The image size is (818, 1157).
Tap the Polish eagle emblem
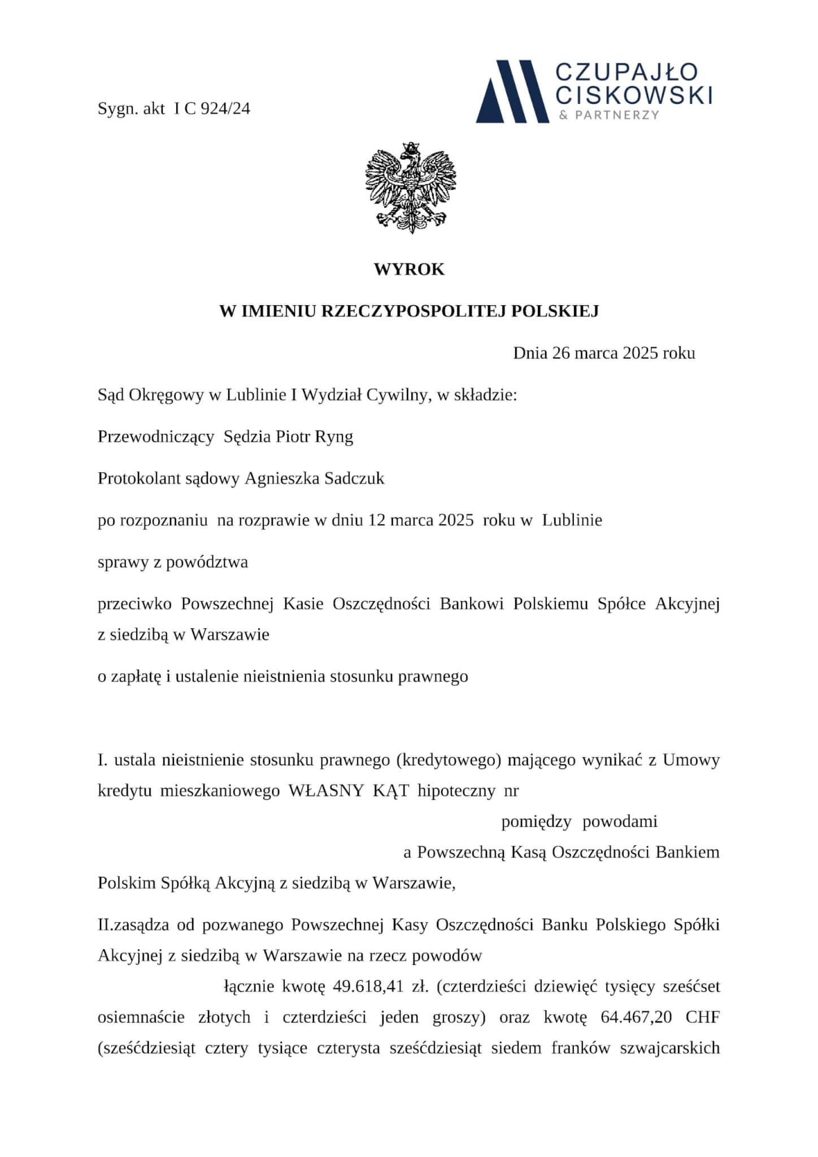410,188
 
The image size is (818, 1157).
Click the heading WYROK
409,269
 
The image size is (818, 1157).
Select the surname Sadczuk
354,479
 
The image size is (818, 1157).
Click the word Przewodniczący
156,437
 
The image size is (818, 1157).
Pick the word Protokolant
140,479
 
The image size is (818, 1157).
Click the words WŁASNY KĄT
349,790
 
